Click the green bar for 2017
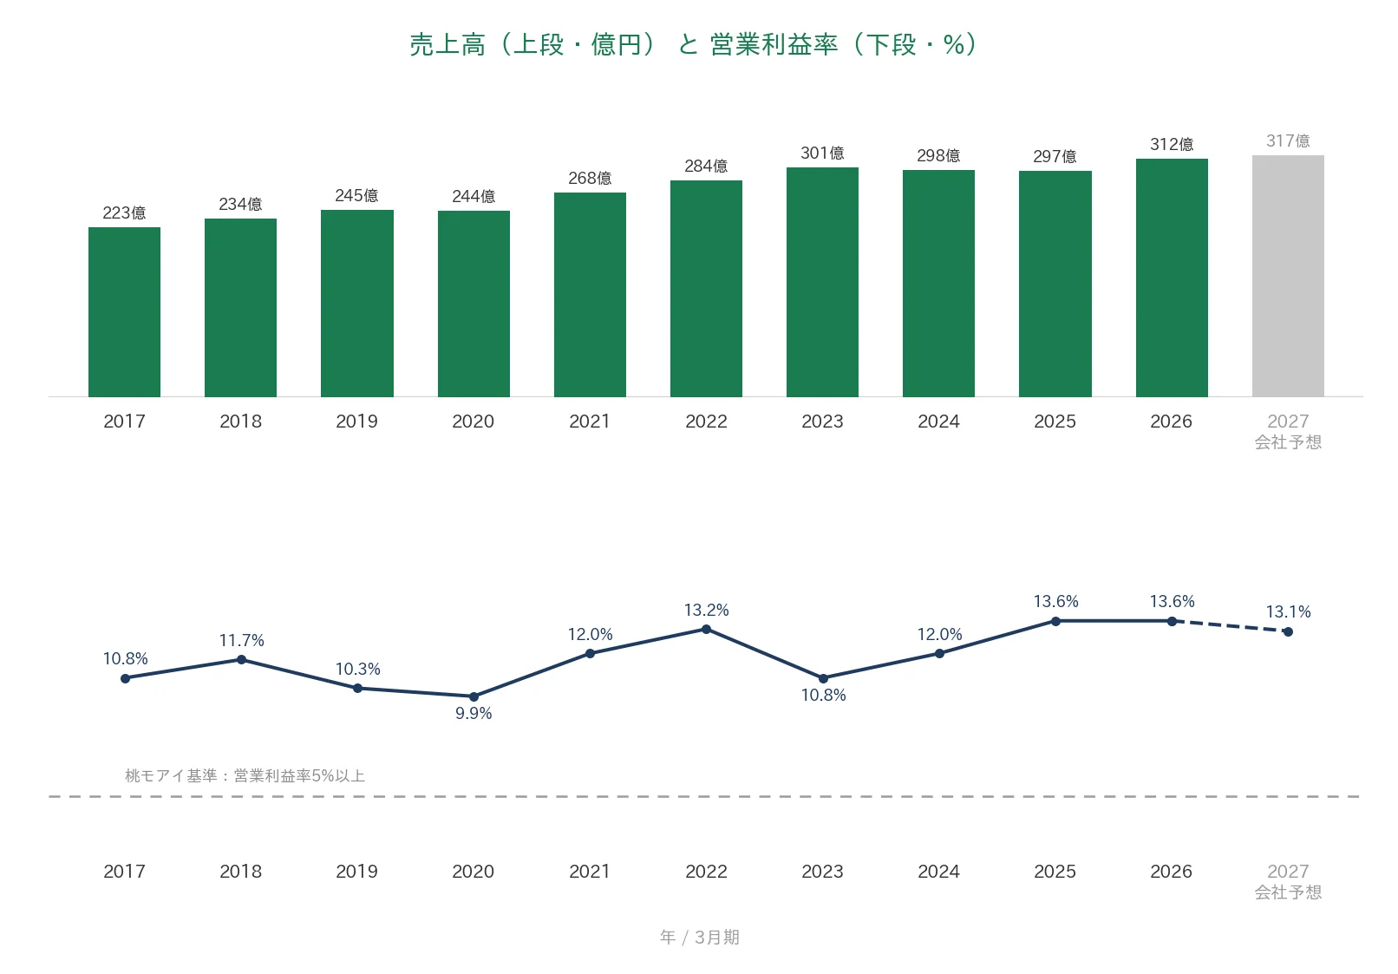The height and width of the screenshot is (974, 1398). point(124,312)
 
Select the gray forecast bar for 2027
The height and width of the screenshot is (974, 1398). point(1288,276)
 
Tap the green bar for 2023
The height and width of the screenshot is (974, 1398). point(822,282)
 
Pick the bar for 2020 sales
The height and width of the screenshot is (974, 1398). point(474,304)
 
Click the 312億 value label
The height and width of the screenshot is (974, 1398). point(1172,144)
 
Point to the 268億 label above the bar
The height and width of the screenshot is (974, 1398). point(590,178)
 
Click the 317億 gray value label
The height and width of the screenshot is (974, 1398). point(1288,141)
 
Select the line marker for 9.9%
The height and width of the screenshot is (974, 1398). point(474,696)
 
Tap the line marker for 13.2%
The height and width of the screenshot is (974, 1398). point(706,630)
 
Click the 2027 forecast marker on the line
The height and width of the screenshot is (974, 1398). point(1288,632)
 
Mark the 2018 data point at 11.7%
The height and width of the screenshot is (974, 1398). point(242,659)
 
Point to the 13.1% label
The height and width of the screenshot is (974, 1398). point(1288,611)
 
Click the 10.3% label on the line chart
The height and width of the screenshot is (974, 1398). point(357,670)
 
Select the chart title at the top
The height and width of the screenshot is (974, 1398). point(693,44)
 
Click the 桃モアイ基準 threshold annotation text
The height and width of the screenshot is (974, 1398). point(245,775)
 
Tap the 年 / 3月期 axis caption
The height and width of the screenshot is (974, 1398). point(700,938)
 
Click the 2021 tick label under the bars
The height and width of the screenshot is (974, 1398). point(590,422)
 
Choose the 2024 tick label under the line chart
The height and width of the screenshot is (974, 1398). point(938,871)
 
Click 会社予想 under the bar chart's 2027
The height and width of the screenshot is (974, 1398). point(1288,442)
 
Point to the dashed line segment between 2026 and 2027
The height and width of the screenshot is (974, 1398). point(1230,626)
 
